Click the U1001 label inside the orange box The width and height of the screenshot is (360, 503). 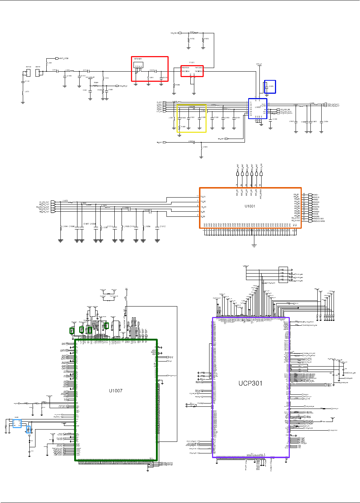250,206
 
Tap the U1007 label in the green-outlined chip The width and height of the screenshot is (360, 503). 116,390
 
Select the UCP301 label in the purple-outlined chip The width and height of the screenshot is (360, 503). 250,383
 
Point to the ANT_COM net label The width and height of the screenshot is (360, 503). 64,58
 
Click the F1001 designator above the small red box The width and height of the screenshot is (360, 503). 192,63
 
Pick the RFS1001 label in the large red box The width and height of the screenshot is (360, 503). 138,59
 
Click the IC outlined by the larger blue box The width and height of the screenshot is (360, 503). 258,108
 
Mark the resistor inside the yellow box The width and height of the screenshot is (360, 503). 179,127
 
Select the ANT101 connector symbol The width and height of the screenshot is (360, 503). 38,72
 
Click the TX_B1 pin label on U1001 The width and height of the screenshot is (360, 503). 203,196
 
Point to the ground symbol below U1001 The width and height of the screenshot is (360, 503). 254,246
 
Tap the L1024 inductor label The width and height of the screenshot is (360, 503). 205,147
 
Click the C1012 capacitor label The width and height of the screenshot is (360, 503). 162,227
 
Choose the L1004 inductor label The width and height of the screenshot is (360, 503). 65,227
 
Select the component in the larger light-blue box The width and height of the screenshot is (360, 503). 17,423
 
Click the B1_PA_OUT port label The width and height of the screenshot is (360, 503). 44,202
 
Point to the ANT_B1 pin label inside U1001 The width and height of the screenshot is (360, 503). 237,192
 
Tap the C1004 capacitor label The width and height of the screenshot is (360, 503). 146,210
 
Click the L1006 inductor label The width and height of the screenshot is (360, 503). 148,227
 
